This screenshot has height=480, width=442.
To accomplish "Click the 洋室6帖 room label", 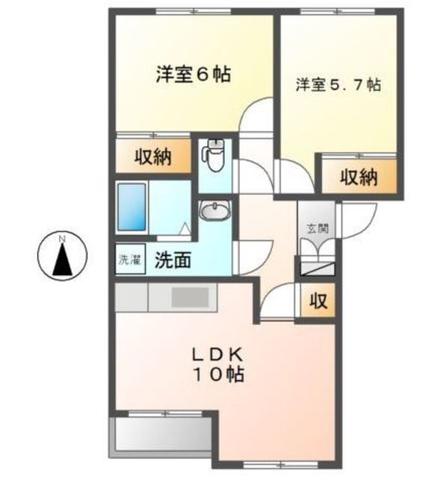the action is (x=193, y=74).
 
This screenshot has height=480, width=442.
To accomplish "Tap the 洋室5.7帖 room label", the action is (x=339, y=85).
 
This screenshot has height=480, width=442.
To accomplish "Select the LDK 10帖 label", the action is (x=218, y=365).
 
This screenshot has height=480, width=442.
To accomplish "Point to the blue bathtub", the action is (x=132, y=207).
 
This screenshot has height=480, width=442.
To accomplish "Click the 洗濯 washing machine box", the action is (x=130, y=259).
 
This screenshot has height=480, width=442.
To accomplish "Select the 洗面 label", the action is (x=173, y=260).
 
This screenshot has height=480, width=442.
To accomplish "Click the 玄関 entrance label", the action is (x=318, y=228).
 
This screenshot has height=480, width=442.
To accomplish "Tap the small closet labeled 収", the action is (x=318, y=301).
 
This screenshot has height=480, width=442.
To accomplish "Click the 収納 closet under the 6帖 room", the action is (x=153, y=157).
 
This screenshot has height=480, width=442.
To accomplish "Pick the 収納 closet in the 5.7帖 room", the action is (x=360, y=177).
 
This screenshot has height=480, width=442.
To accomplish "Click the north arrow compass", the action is (x=62, y=255).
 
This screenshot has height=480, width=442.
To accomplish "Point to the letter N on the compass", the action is (x=62, y=238).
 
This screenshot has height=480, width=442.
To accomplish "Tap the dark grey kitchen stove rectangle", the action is (x=190, y=297).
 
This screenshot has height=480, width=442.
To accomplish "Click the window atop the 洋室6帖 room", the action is (x=194, y=12).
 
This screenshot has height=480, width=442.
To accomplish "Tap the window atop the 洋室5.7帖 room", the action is (x=337, y=12).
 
